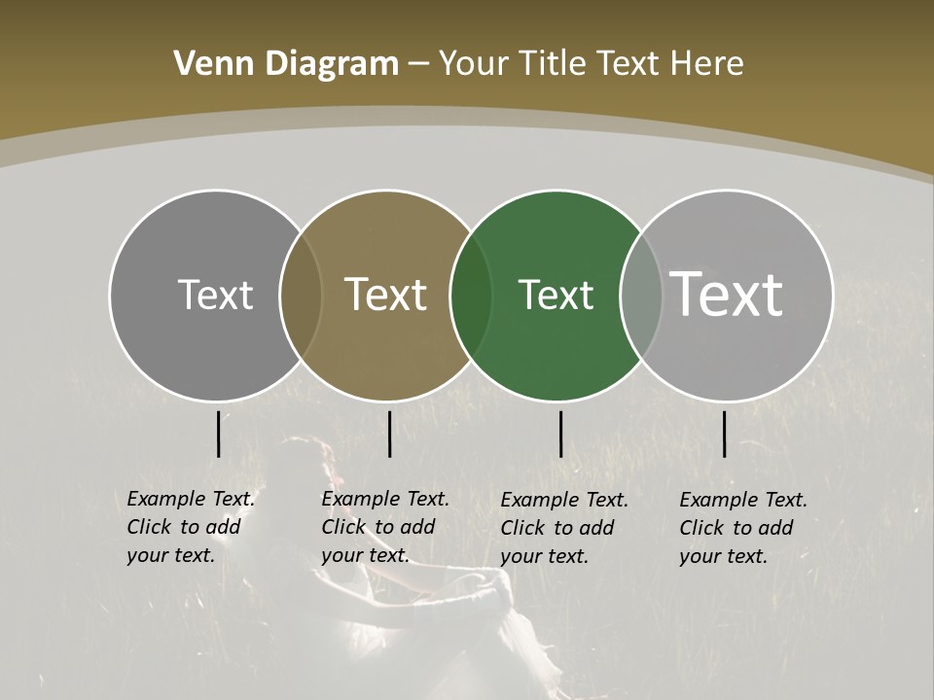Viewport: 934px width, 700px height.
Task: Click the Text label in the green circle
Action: pos(556,295)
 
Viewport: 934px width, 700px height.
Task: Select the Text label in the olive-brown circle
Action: pos(385,295)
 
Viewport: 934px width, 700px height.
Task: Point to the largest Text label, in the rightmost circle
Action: pos(727,295)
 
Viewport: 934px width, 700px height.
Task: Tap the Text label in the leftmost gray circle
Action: pos(215,295)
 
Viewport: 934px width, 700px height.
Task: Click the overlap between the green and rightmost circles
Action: pos(641,295)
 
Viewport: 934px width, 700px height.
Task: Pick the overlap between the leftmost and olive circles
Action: pos(301,295)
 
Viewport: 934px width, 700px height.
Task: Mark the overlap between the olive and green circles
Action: pos(471,295)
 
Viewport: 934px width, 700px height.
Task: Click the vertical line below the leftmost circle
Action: pos(219,435)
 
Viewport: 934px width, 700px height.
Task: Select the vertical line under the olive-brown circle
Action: pos(389,435)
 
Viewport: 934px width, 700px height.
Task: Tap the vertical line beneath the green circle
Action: pos(561,435)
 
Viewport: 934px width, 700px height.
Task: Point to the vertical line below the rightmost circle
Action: pos(725,435)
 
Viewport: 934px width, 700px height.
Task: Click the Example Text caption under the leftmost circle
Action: pos(190,527)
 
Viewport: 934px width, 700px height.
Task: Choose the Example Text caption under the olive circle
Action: pos(384,527)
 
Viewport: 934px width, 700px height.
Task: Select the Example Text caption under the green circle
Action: pos(563,528)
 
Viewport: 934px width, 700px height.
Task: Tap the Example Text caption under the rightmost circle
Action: pos(742,528)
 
